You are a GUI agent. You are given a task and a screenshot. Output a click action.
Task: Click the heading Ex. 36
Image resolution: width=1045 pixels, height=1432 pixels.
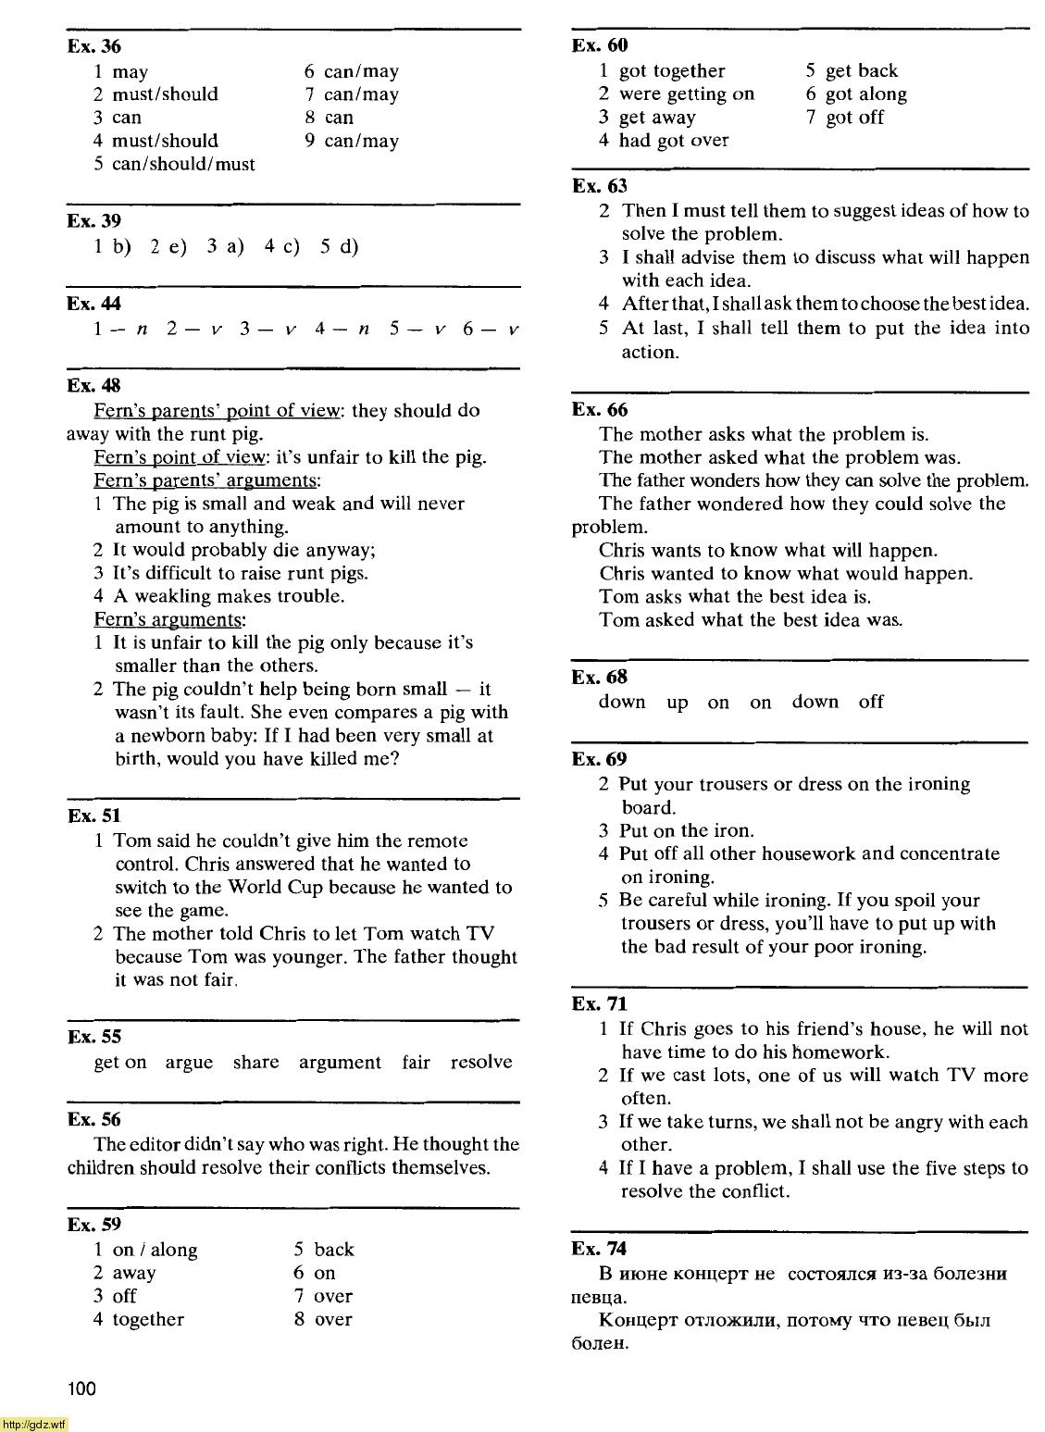(x=93, y=47)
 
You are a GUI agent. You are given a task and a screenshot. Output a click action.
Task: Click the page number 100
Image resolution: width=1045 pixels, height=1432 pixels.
(x=81, y=1388)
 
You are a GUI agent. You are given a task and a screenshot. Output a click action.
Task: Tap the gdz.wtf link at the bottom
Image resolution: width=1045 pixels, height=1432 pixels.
(x=34, y=1425)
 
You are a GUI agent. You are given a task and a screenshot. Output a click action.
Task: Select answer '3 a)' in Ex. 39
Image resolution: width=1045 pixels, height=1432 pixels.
(x=224, y=246)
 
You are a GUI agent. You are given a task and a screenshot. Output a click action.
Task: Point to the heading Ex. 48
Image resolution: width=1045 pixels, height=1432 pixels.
(x=93, y=386)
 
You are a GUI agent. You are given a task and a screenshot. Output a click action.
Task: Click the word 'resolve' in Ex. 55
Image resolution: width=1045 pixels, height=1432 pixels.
(x=480, y=1063)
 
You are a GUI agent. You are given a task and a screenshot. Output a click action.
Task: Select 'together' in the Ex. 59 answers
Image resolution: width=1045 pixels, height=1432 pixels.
(x=148, y=1320)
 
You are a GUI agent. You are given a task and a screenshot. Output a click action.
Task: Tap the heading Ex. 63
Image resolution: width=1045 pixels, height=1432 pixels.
(x=600, y=186)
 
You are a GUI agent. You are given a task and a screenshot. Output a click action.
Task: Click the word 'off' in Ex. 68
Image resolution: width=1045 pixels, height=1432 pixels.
(x=870, y=702)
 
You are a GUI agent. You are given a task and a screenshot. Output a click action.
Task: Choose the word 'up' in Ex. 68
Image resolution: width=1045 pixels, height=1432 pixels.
(x=678, y=703)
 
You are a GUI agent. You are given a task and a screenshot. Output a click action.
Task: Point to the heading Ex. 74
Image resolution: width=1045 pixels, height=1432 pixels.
(x=600, y=1249)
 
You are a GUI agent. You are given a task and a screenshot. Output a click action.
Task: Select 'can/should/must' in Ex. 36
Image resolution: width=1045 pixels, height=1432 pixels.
(x=183, y=164)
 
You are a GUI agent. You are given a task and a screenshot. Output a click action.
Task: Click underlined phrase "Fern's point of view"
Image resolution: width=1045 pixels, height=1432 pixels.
(x=180, y=457)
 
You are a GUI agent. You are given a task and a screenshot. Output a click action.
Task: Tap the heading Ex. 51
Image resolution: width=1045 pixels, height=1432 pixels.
(x=93, y=816)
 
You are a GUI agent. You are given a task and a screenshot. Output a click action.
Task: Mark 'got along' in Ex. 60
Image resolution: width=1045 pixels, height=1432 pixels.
(x=865, y=94)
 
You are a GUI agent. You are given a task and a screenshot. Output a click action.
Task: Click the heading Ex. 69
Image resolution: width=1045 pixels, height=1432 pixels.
(x=600, y=759)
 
